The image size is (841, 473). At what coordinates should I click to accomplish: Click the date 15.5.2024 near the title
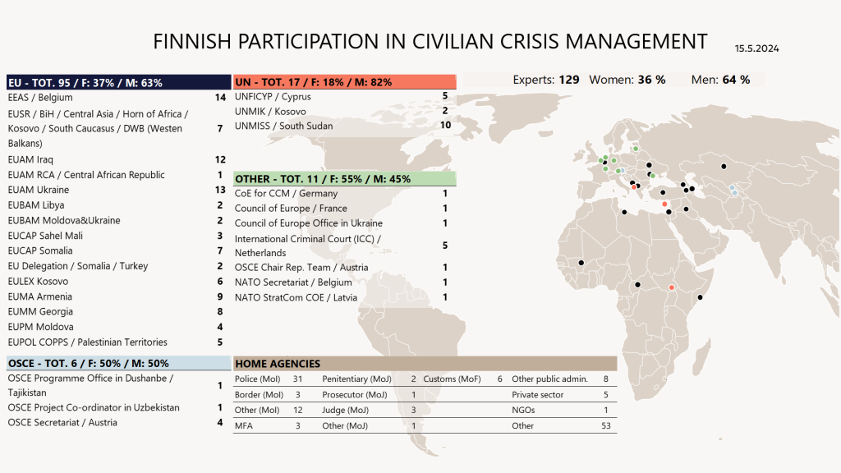(756, 49)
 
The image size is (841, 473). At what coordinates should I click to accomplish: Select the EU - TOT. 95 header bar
(118, 82)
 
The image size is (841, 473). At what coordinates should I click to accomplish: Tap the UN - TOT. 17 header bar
(344, 82)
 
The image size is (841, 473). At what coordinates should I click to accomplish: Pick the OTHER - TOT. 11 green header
(344, 178)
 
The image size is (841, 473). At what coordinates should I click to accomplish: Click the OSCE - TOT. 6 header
(118, 363)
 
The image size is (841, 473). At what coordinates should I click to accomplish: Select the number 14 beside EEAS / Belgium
(219, 98)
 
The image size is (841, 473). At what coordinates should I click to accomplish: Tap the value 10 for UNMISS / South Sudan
(445, 126)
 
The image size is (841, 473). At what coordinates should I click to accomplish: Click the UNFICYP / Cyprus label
(273, 97)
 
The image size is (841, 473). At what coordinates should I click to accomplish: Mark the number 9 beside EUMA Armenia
(220, 296)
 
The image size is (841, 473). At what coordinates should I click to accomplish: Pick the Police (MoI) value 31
(298, 379)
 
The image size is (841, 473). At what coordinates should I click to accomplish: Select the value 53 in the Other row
(605, 425)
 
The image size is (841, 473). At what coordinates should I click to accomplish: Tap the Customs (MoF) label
(450, 379)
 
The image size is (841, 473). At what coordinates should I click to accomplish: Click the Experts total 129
(568, 80)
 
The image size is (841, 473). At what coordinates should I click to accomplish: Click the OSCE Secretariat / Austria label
(62, 422)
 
